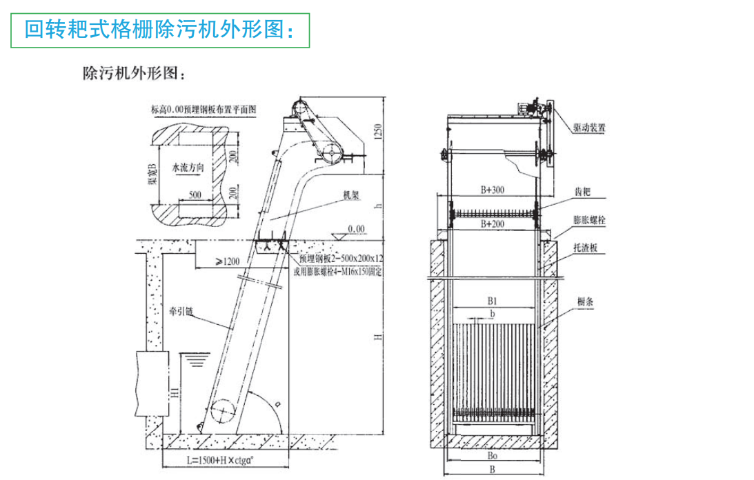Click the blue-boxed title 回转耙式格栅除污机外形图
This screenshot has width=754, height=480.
coord(160,30)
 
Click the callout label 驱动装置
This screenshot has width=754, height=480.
coord(590,128)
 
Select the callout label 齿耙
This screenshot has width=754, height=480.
coord(582,192)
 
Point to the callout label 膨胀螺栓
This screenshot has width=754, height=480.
coord(591,220)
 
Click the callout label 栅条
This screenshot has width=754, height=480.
coord(586,301)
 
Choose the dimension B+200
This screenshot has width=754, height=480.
coord(492,223)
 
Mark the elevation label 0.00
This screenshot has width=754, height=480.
coord(356,228)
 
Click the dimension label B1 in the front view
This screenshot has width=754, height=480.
coord(491,301)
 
